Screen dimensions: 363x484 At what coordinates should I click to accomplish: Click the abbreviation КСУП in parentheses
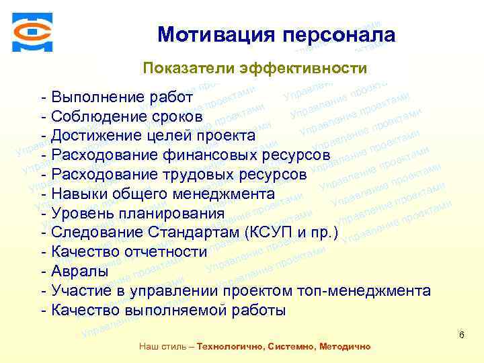pos(274,233)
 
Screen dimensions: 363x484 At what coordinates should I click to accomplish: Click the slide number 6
pos(461,335)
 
